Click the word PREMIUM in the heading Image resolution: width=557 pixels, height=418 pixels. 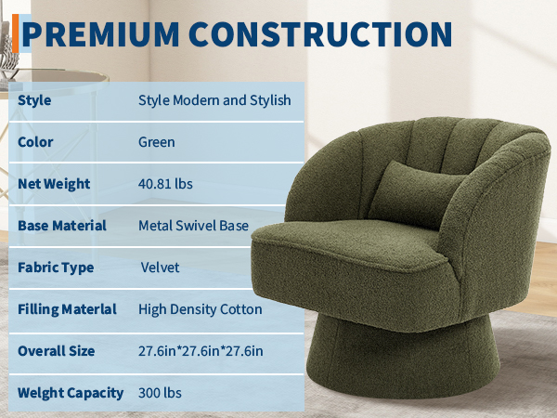coord(100,34)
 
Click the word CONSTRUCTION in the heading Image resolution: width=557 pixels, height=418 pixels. coord(320,34)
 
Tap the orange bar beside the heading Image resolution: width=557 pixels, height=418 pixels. coord(15,33)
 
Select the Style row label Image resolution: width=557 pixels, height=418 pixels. coord(34,100)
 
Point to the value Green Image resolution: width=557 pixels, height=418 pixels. coord(157,142)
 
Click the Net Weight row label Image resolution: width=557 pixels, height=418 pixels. coord(54,184)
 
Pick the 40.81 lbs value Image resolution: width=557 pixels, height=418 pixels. coord(165,184)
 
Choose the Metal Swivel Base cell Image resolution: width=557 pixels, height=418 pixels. coord(194,226)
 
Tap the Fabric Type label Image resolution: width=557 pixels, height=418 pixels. coord(56,268)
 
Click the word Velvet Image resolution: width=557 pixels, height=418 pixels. coord(161,268)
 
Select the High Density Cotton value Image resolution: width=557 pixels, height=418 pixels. coord(201,309)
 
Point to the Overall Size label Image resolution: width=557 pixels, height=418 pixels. coord(56,351)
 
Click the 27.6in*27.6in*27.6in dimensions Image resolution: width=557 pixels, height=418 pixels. coord(201,351)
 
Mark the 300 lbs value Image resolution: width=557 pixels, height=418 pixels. coord(160,393)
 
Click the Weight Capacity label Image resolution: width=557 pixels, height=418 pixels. coord(71,393)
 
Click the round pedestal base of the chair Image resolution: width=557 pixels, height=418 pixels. coord(403,359)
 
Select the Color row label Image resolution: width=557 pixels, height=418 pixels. coord(35,142)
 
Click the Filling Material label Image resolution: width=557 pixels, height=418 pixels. coord(67,309)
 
